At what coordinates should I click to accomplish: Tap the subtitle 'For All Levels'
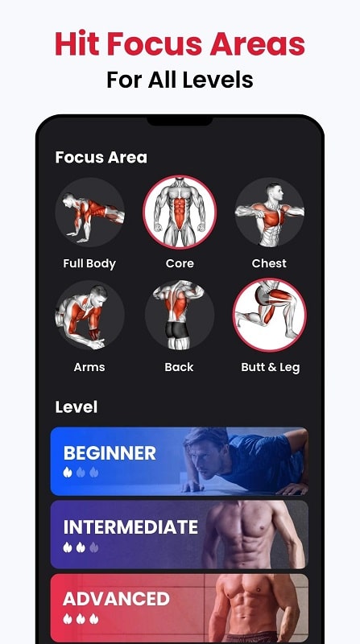pos(180,80)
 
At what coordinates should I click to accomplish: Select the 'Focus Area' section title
pos(101,157)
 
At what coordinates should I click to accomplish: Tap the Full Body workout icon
pos(89,213)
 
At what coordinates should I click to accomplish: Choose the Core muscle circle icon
pos(180,213)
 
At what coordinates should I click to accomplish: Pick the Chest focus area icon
pos(269,213)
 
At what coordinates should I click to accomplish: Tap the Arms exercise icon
pos(89,316)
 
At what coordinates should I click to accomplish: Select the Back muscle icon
pos(180,316)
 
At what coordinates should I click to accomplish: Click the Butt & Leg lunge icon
pos(270,316)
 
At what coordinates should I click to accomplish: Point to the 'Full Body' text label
pos(89,263)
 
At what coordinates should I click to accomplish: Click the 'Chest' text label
pos(269,263)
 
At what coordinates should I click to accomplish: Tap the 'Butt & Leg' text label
pos(270,367)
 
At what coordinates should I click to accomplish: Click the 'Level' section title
pos(77,407)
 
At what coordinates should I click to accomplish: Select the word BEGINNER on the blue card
pos(110,452)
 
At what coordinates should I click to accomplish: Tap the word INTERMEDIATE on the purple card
pos(130,527)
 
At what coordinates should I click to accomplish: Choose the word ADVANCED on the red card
pos(116,599)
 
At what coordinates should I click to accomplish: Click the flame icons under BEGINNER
pos(81,472)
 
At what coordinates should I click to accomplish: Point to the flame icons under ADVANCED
pos(81,618)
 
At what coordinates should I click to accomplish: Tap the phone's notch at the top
pos(180,120)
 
